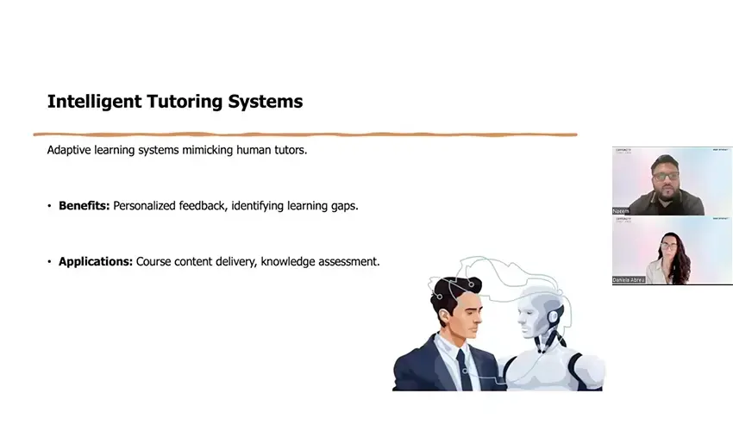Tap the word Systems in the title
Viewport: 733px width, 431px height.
pyautogui.click(x=265, y=102)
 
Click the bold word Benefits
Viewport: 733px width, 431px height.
pyautogui.click(x=84, y=206)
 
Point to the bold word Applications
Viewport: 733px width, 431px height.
pyautogui.click(x=96, y=261)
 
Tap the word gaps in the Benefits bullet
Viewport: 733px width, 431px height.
pyautogui.click(x=343, y=207)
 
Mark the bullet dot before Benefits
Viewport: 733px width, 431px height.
pyautogui.click(x=49, y=207)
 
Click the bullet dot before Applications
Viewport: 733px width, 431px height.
pyautogui.click(x=49, y=262)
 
